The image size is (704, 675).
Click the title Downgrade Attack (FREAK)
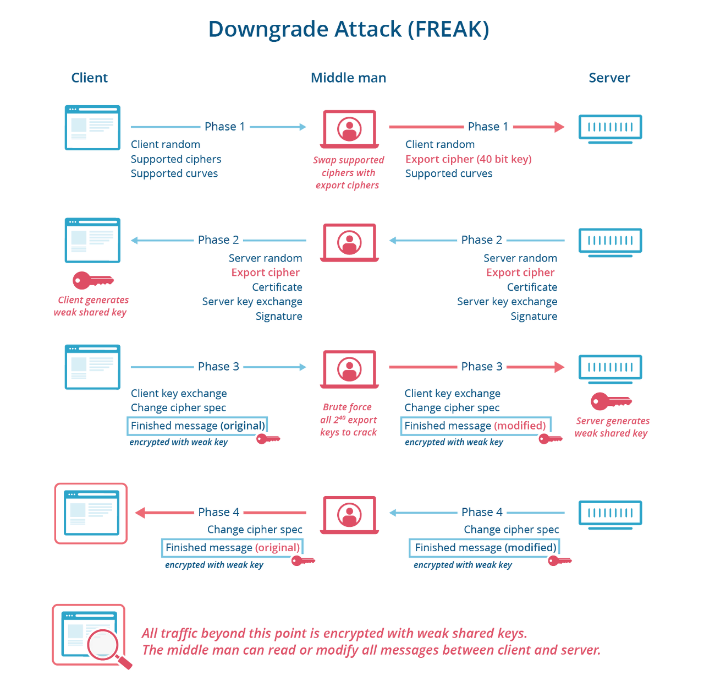349,29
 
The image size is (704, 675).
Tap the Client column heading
90,78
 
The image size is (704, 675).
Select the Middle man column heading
349,78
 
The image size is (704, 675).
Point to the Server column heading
609,78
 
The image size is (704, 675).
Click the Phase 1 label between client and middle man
224,127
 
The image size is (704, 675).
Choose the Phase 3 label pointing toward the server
482,367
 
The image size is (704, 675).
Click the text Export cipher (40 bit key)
469,159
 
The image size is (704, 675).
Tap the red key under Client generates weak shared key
93,281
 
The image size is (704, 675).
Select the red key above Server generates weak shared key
610,401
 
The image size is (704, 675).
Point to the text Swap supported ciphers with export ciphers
348,172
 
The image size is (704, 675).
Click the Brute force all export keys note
348,420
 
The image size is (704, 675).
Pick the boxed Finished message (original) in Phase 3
198,426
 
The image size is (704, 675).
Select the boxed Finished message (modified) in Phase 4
485,548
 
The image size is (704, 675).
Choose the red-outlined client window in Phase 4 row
91,514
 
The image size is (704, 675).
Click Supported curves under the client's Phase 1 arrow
174,173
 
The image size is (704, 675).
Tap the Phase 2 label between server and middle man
482,240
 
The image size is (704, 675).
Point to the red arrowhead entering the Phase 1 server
559,127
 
